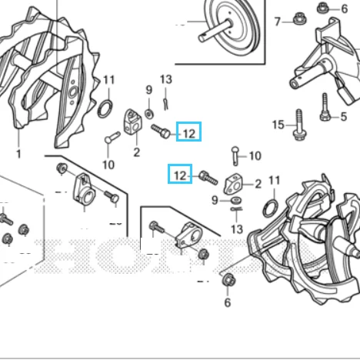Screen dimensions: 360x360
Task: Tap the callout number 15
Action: pyautogui.click(x=278, y=125)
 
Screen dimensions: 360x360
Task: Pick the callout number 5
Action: pyautogui.click(x=344, y=117)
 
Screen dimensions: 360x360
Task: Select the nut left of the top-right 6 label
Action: pyautogui.click(x=323, y=8)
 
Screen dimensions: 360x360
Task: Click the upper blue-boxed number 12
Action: pyautogui.click(x=188, y=133)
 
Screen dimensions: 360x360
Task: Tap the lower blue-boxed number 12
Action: pyautogui.click(x=180, y=175)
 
